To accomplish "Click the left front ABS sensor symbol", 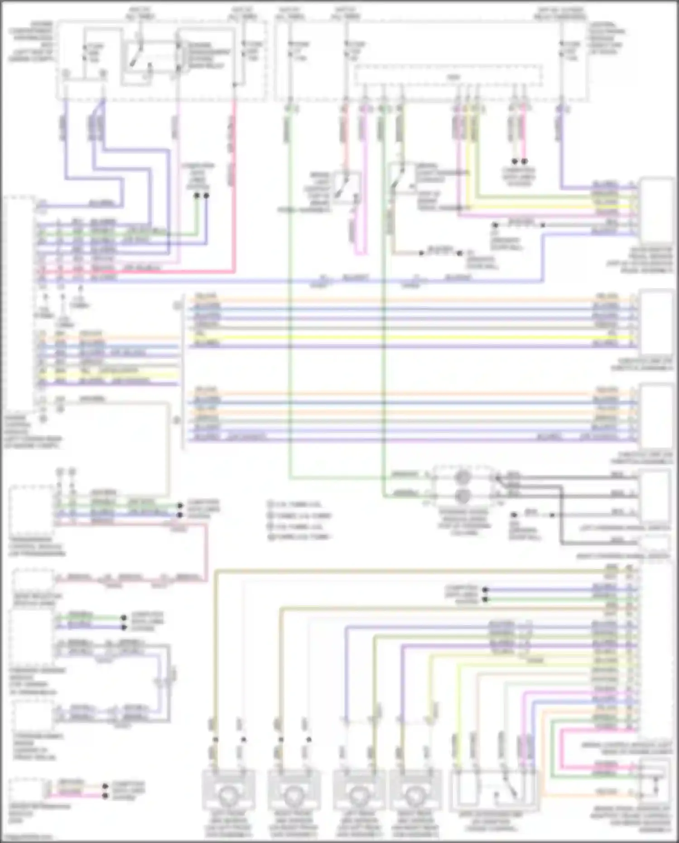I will click(228, 794).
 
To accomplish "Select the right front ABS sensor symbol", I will click(294, 794).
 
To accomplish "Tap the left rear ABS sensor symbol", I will click(359, 794).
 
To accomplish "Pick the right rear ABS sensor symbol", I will click(415, 794).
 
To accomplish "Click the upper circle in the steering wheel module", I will click(462, 477).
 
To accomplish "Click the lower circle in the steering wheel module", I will click(462, 496).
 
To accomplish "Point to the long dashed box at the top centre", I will click(448, 76).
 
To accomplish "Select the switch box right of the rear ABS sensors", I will click(494, 790).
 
